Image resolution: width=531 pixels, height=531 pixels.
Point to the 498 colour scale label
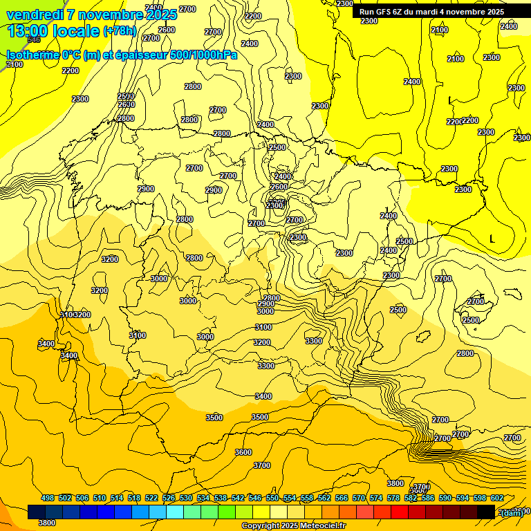pyautogui.click(x=48, y=498)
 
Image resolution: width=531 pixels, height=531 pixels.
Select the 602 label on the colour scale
pyautogui.click(x=497, y=498)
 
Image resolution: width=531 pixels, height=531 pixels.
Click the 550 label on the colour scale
pyautogui.click(x=272, y=498)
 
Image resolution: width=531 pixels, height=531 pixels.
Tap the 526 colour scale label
pyautogui.click(x=169, y=498)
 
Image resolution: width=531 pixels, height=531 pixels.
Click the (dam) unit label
pyautogui.click(x=512, y=512)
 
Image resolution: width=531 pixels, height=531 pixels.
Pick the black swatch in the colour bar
pyautogui.click(x=486, y=512)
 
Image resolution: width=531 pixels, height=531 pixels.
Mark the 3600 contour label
pyautogui.click(x=243, y=452)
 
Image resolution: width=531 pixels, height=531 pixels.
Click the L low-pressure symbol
pyautogui.click(x=492, y=239)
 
